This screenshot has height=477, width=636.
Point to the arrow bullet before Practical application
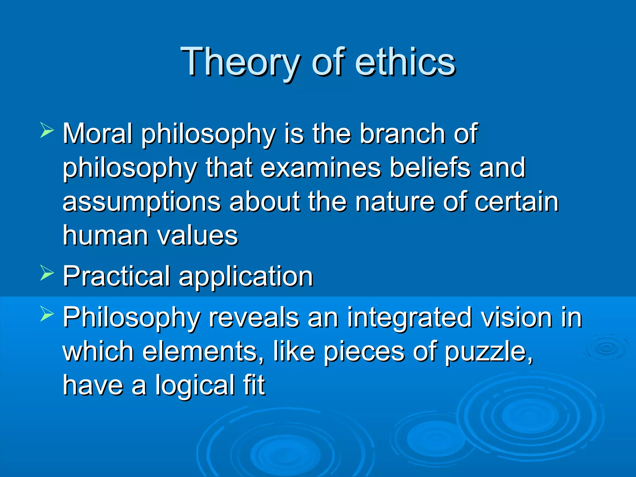click(x=47, y=273)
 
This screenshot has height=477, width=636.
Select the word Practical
click(x=116, y=276)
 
